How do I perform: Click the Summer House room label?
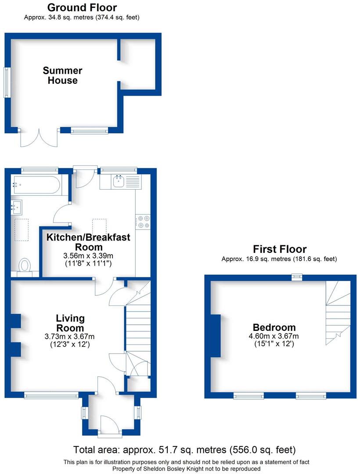[x=62, y=75]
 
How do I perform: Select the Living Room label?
[x=70, y=323]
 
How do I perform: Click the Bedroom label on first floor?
[x=274, y=327]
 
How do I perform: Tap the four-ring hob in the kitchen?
[x=143, y=222]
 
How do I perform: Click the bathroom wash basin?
[x=18, y=205]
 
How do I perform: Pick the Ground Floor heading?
[x=82, y=7]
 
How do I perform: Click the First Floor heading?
[x=279, y=250]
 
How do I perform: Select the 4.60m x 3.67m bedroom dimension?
[x=274, y=336]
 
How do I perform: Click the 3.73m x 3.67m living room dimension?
[x=70, y=336]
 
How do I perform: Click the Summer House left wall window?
[x=7, y=82]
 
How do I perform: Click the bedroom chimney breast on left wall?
[x=216, y=336]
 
